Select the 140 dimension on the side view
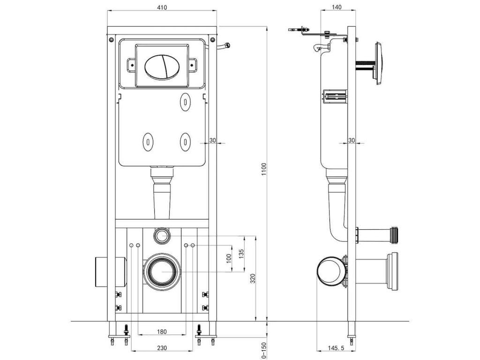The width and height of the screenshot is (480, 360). [336, 8]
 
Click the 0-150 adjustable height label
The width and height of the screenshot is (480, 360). [264, 350]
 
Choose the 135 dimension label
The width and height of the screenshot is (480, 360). [241, 254]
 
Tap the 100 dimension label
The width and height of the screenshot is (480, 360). [229, 259]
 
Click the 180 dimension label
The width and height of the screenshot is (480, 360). [161, 332]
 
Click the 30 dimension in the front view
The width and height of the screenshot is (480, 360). [213, 140]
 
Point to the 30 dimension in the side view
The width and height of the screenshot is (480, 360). [352, 140]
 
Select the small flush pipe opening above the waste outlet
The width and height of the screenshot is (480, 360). [162, 235]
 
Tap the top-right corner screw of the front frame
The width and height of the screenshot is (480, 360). [212, 39]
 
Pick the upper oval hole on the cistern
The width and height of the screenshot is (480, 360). [186, 101]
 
